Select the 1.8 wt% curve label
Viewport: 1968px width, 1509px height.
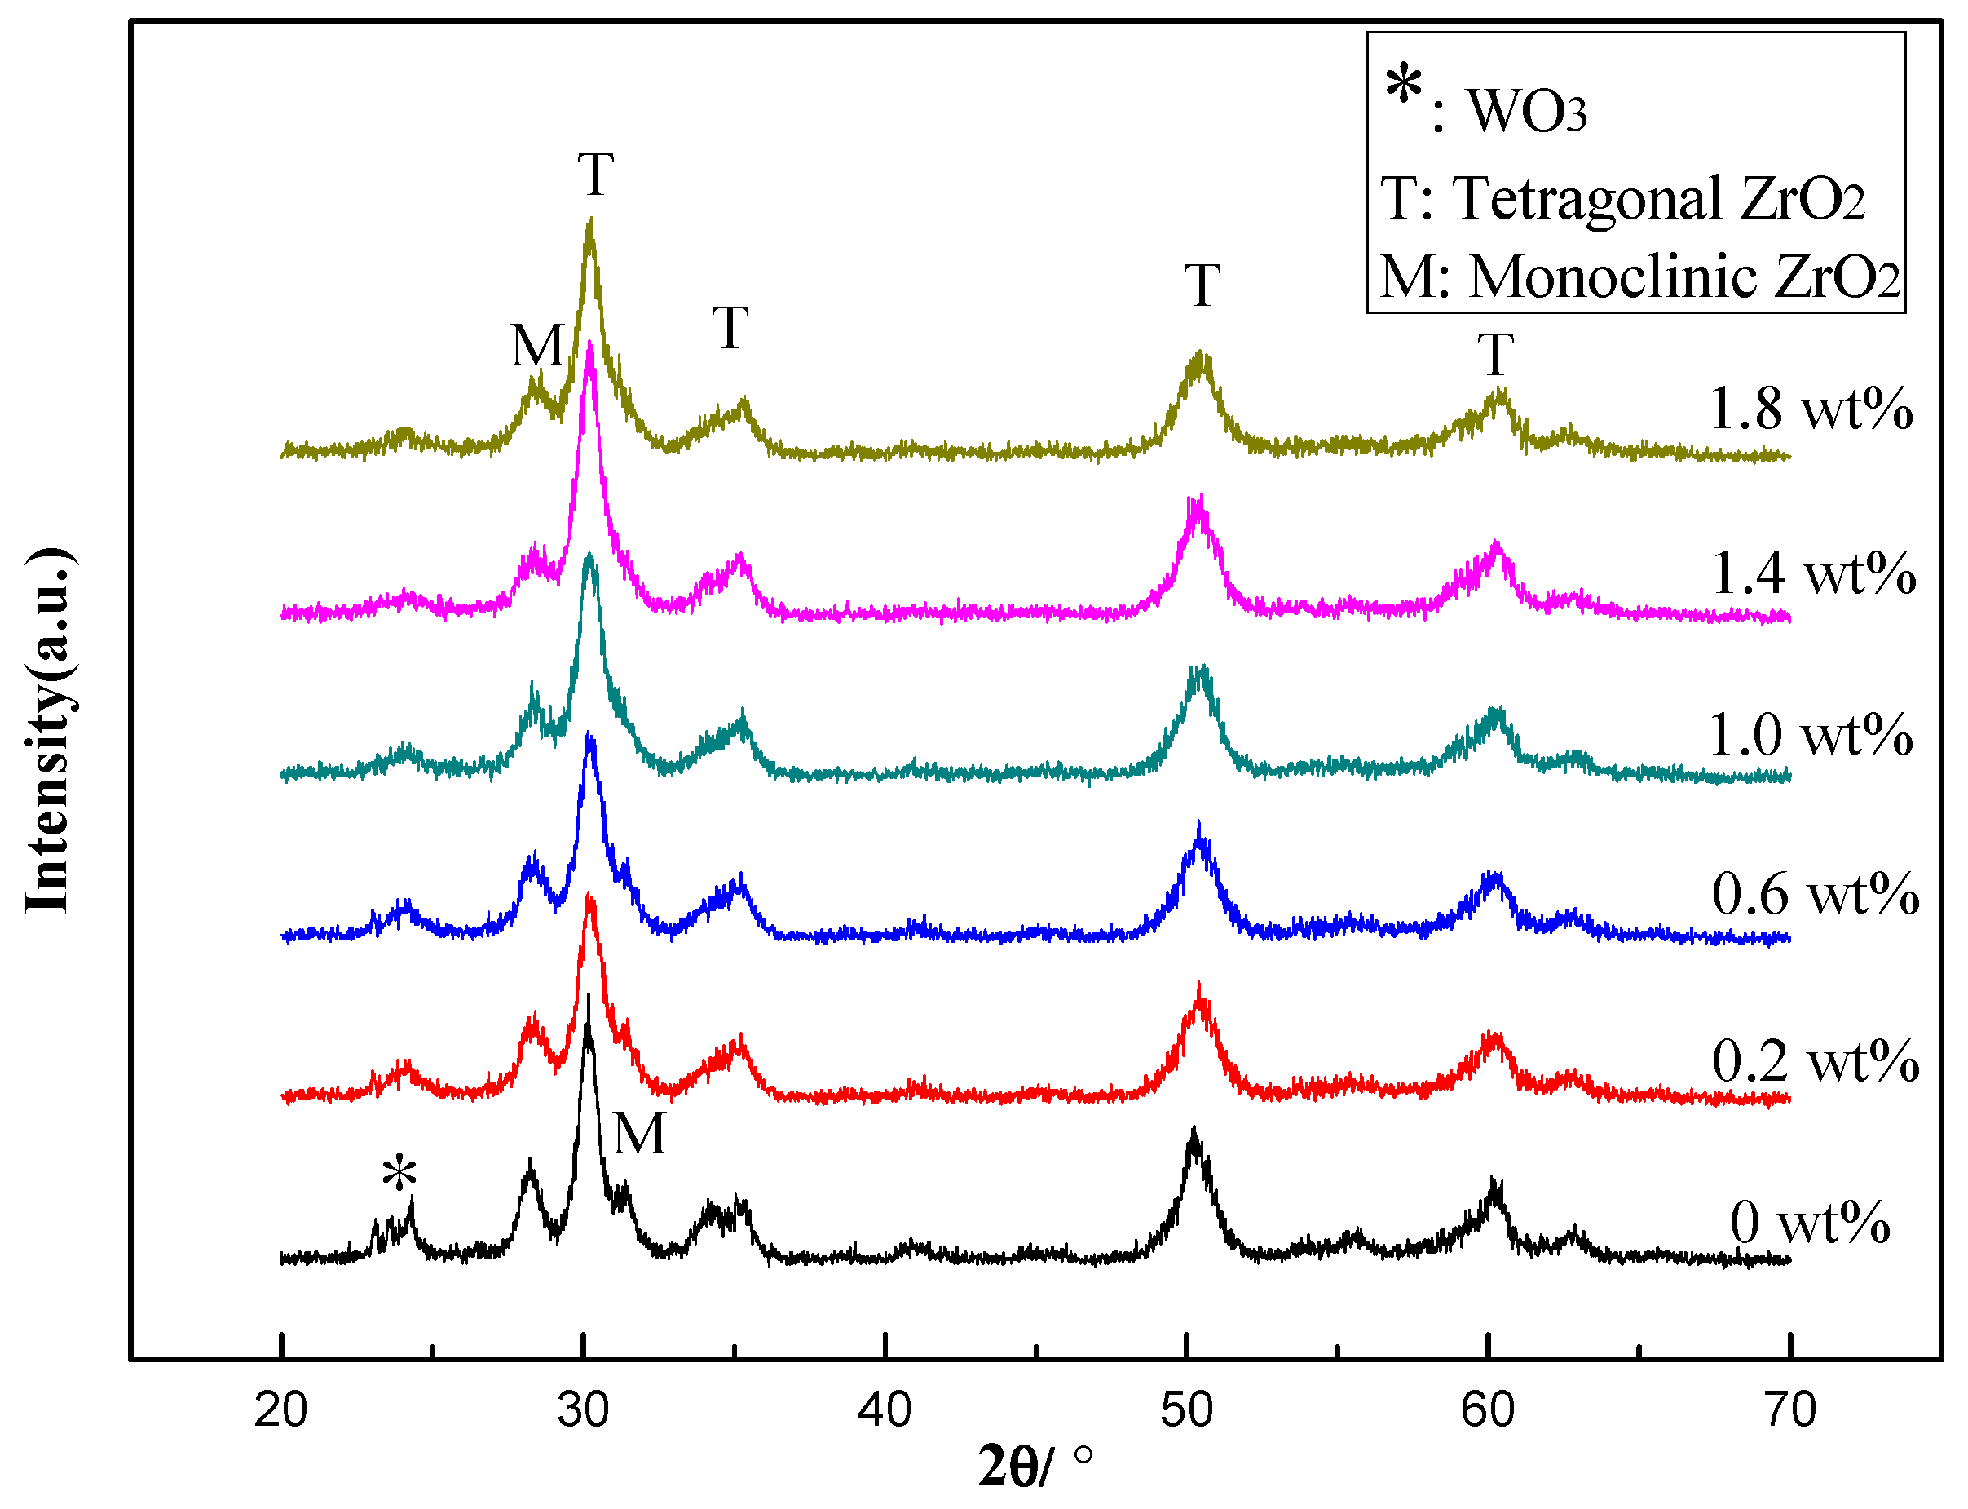(1810, 409)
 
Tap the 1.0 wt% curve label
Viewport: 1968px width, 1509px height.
(1810, 735)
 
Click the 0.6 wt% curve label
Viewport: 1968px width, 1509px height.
(1815, 895)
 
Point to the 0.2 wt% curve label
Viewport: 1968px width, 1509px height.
(1815, 1061)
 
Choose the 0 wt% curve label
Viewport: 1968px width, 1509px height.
(1809, 1224)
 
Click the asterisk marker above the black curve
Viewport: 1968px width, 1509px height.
(399, 1173)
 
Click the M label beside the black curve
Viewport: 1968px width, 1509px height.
(639, 1134)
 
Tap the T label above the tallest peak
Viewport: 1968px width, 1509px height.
(595, 175)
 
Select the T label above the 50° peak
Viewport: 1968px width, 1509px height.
(1202, 285)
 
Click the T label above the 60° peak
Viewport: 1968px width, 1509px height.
(1496, 355)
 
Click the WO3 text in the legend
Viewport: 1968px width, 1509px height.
(1526, 112)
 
